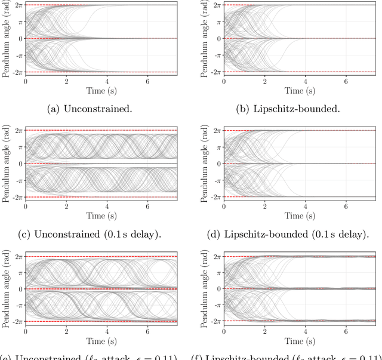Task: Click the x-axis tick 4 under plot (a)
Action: pyautogui.click(x=107, y=81)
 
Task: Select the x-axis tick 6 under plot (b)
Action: pyautogui.click(x=346, y=81)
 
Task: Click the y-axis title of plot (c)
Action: pyautogui.click(x=5, y=163)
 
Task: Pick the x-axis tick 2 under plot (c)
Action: pyautogui.click(x=66, y=206)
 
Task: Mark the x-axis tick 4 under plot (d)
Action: pyautogui.click(x=305, y=206)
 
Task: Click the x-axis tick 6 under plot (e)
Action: pyautogui.click(x=148, y=331)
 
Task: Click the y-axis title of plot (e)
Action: pyautogui.click(x=5, y=288)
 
